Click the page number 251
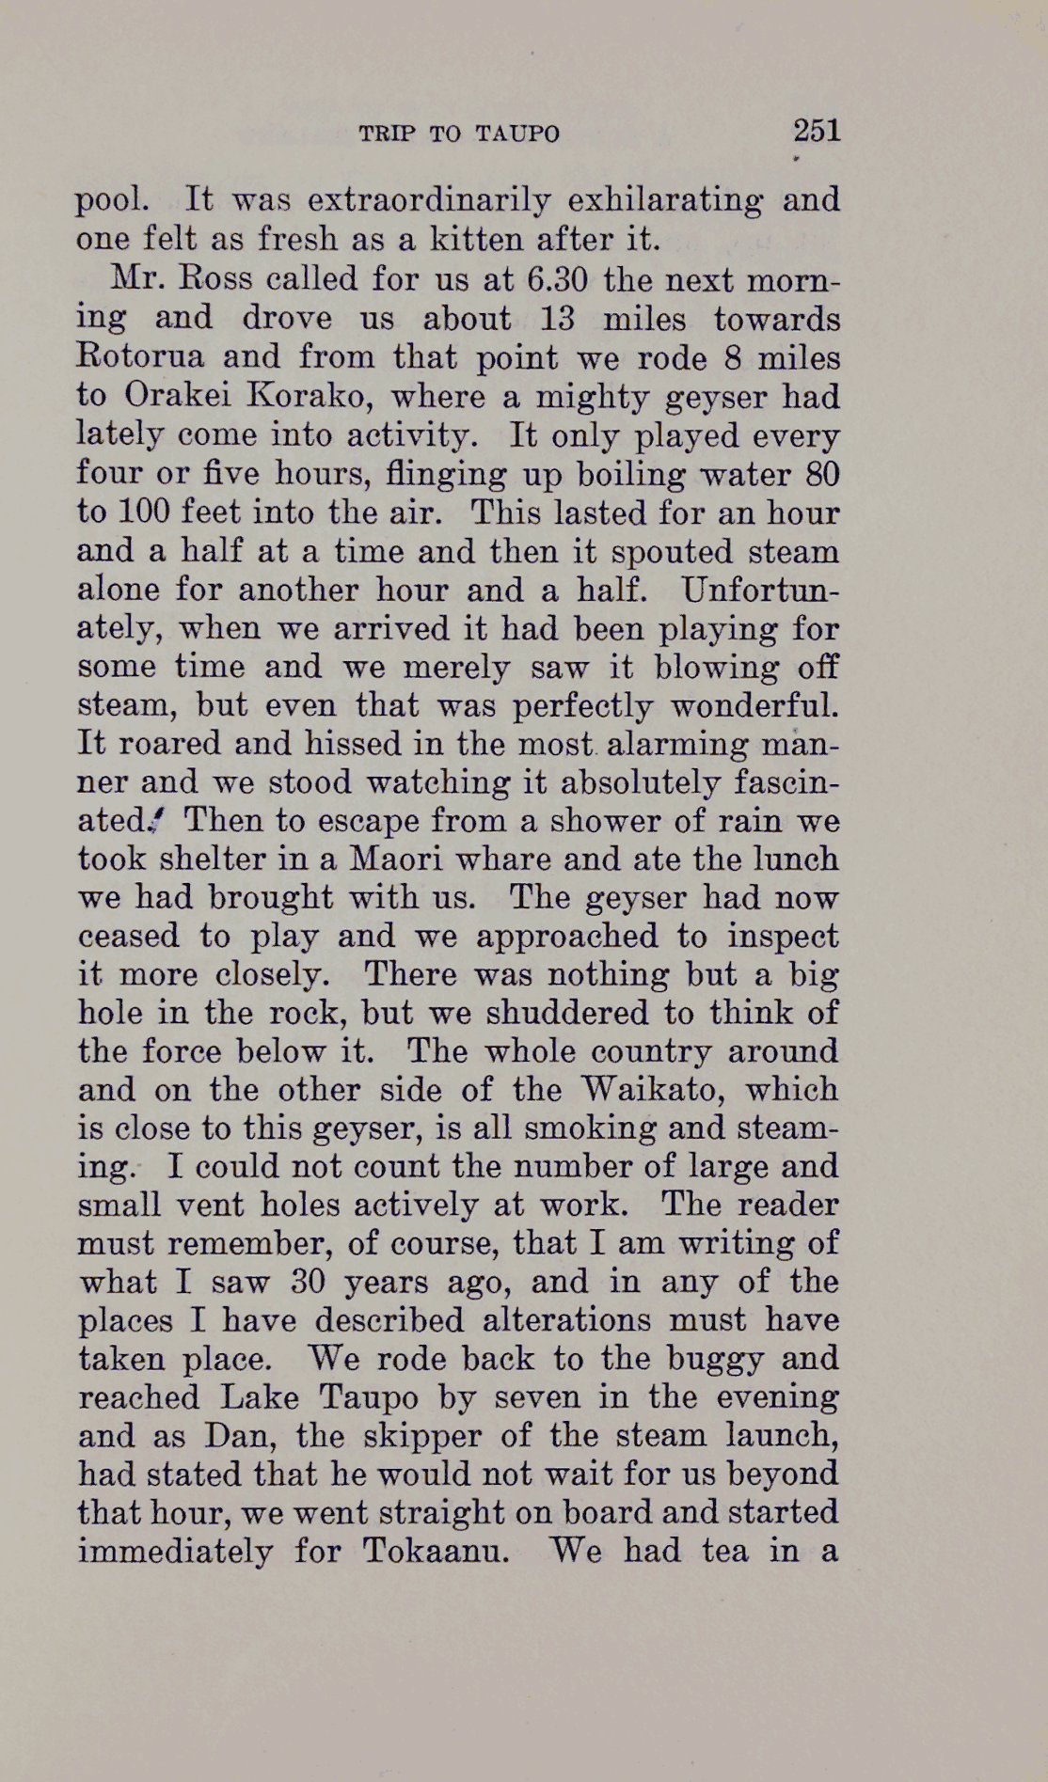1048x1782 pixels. click(816, 130)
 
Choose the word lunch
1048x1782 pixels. click(798, 859)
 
